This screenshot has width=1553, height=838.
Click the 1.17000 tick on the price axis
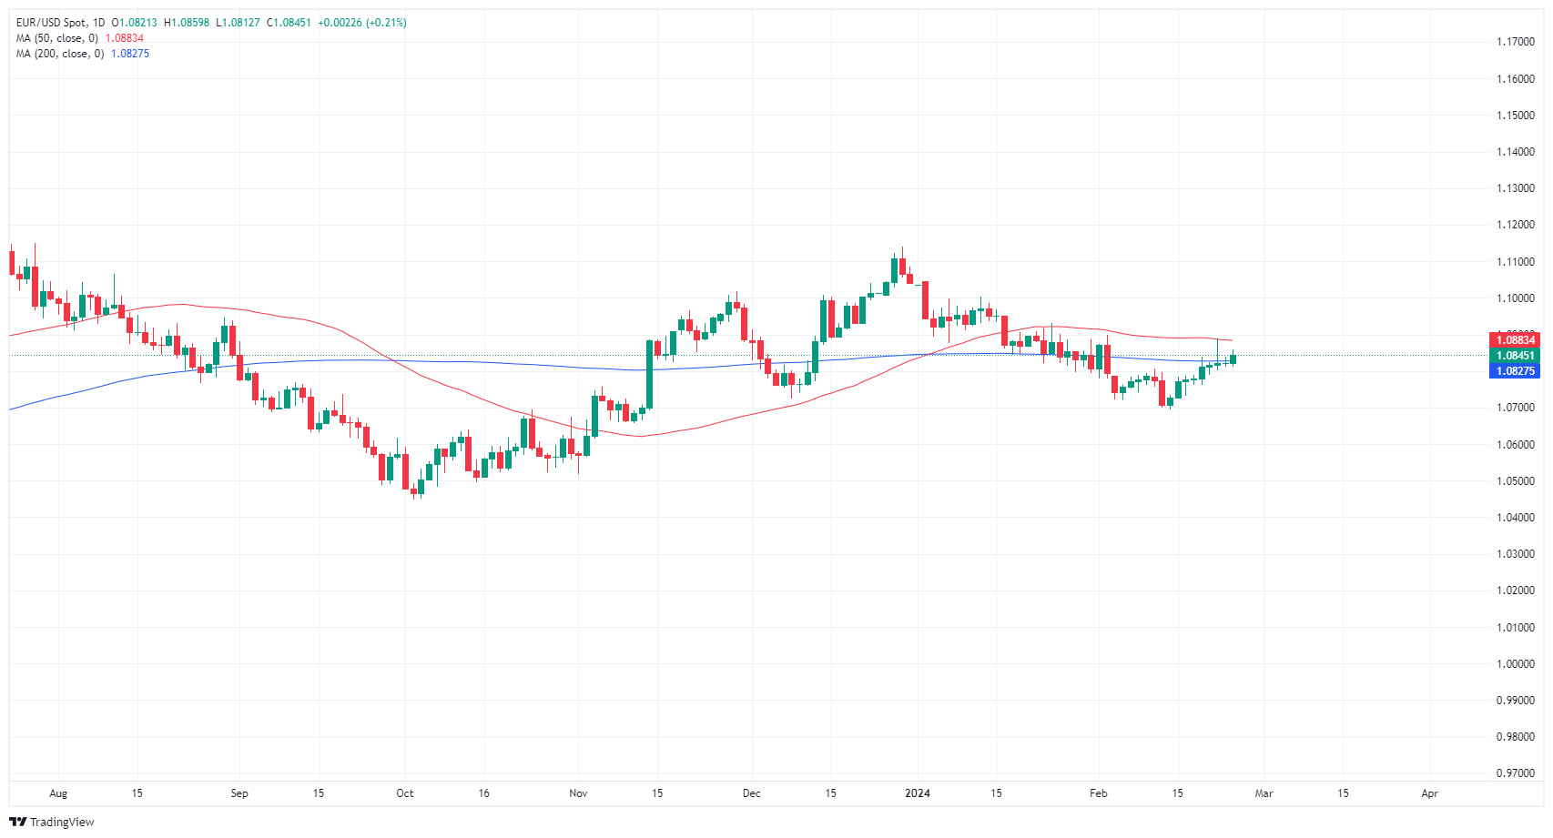[x=1516, y=42]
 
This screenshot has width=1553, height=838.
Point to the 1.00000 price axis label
[x=1516, y=664]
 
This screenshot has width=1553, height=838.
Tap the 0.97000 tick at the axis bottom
[x=1516, y=773]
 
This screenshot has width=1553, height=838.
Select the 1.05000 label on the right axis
[x=1516, y=481]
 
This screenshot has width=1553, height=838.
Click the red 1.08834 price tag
[x=1516, y=340]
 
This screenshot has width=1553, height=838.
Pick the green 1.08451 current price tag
[x=1516, y=356]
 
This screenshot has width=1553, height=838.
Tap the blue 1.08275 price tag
[x=1516, y=371]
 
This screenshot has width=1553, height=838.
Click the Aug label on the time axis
[x=58, y=793]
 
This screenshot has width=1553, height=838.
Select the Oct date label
[x=405, y=793]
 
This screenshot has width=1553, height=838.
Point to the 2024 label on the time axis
[x=918, y=793]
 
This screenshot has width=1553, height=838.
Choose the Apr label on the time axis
[x=1430, y=793]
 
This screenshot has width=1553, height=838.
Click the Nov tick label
[x=578, y=793]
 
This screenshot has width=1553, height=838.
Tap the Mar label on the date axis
[x=1264, y=793]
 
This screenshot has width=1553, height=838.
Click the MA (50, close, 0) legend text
[x=56, y=38]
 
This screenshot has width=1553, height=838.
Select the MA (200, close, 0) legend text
[x=59, y=54]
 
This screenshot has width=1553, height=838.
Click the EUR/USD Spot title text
[x=51, y=23]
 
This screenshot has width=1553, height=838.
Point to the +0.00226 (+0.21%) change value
[x=362, y=23]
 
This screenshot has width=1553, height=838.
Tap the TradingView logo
[x=52, y=822]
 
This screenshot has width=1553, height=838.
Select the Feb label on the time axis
[x=1099, y=793]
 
